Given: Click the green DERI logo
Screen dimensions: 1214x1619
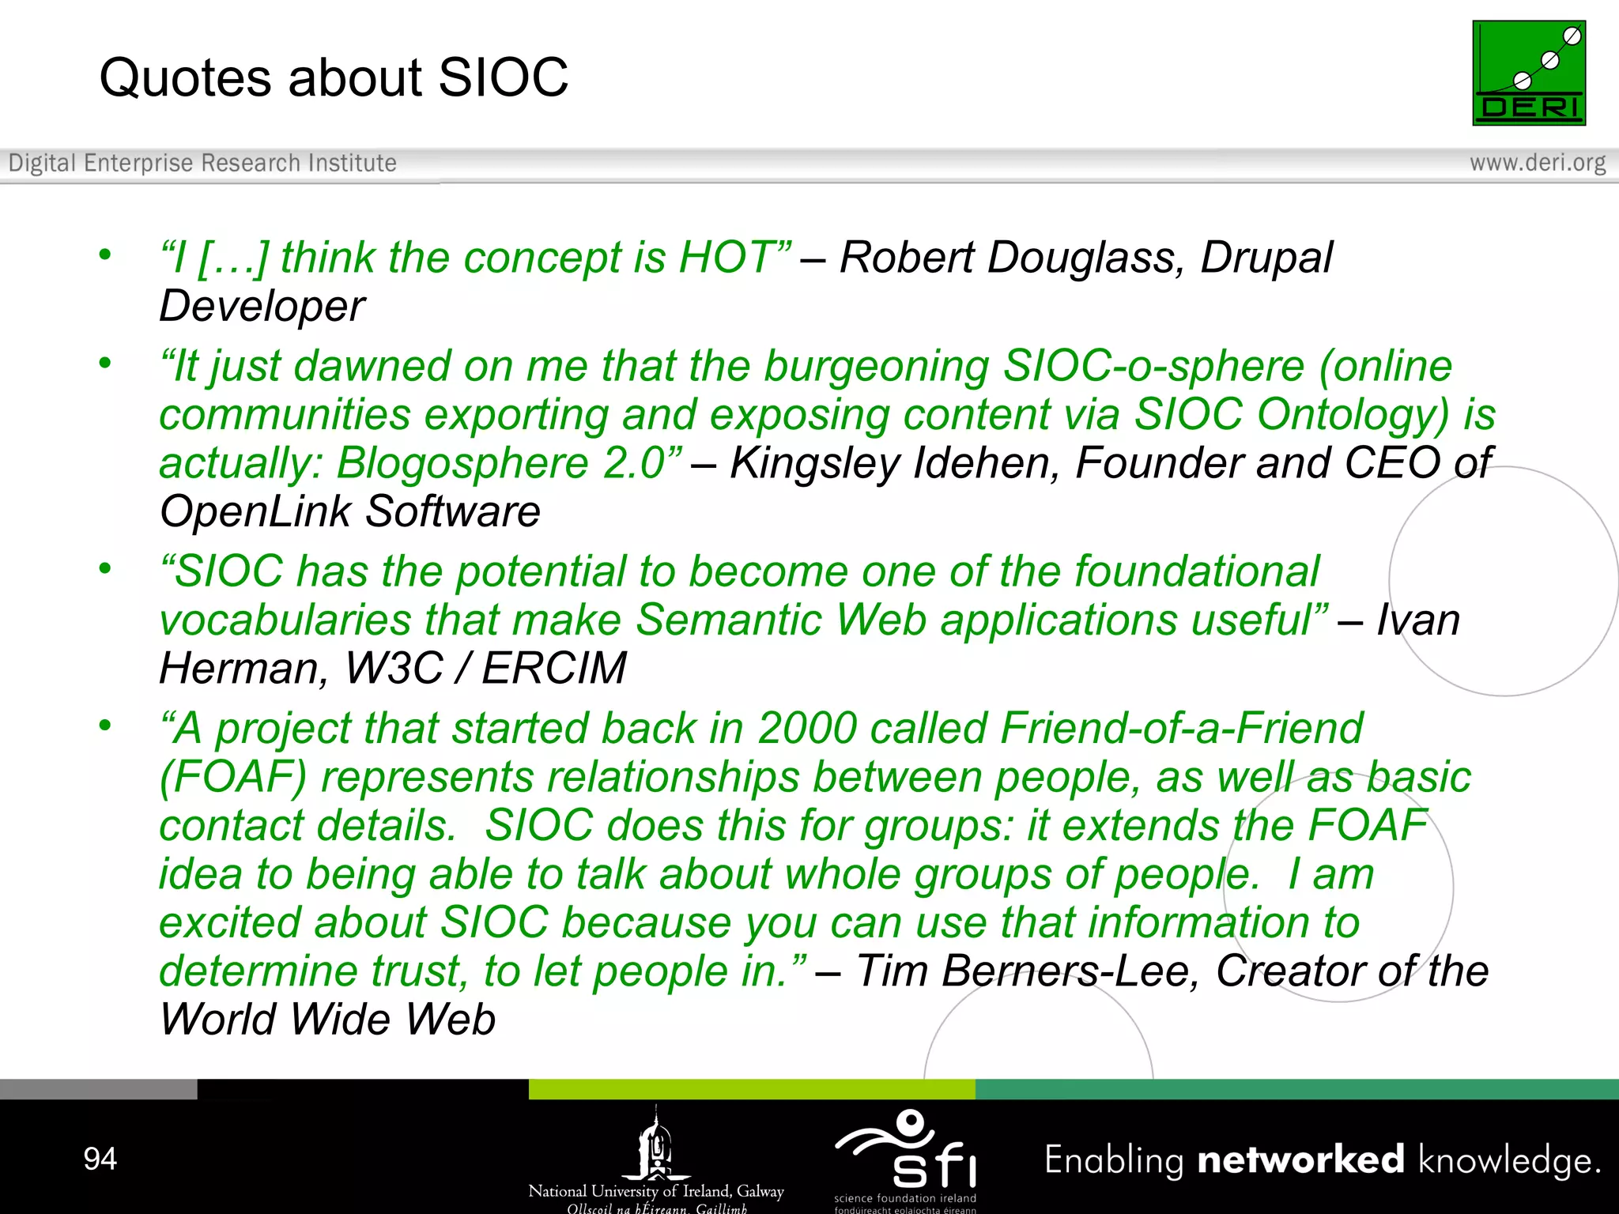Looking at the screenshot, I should point(1528,73).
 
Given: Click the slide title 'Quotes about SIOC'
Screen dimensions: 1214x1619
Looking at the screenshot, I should point(334,77).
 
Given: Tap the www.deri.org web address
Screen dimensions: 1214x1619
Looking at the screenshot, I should point(1537,163).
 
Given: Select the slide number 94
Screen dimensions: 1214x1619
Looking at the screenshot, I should point(100,1159).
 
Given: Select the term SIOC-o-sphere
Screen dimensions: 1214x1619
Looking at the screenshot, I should point(1153,367).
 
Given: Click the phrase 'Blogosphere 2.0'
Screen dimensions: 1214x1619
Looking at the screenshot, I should point(507,463).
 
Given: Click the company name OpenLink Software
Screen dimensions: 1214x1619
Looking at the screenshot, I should point(350,512).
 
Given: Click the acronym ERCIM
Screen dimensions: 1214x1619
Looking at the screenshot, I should point(554,669).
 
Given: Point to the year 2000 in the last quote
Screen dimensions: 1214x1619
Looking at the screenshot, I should point(807,728).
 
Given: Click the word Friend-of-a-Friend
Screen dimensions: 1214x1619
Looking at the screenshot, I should point(1182,728).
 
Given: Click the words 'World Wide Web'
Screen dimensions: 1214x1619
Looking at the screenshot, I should point(328,1020).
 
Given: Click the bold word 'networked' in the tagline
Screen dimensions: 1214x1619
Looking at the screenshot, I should point(1300,1159).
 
